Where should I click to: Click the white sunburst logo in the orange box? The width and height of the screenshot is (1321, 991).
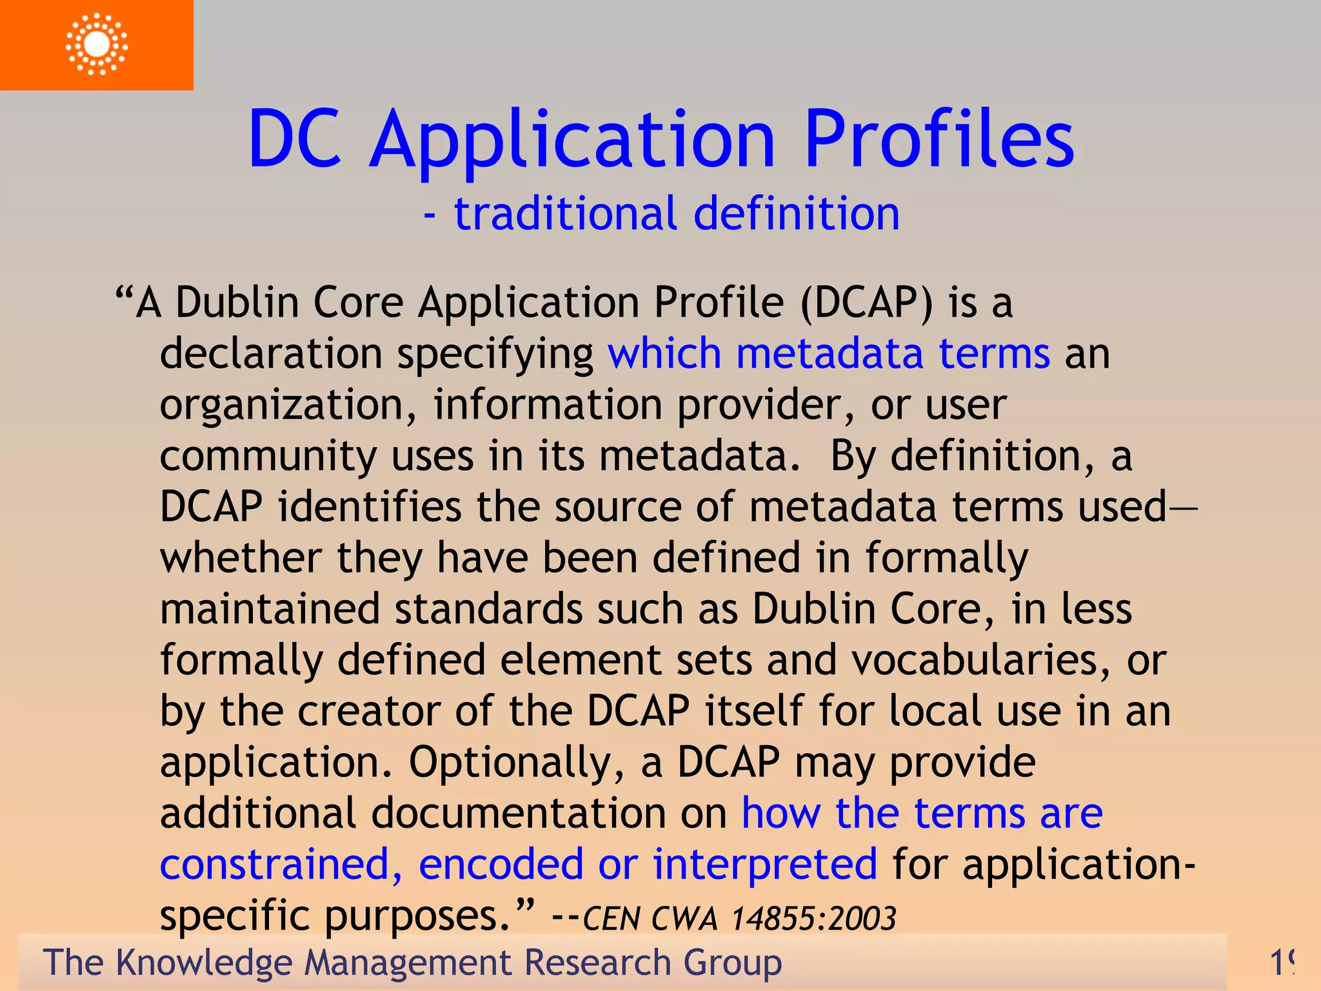[97, 44]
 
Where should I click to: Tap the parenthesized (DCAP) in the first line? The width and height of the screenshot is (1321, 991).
[866, 302]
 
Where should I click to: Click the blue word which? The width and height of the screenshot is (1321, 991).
[664, 354]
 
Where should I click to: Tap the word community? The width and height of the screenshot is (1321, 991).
[268, 457]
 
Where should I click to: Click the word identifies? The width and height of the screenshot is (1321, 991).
[370, 506]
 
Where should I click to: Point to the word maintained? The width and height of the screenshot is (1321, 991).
[270, 609]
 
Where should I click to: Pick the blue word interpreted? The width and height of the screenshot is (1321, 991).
[765, 865]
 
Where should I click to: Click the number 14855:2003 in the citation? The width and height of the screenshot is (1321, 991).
[814, 918]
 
